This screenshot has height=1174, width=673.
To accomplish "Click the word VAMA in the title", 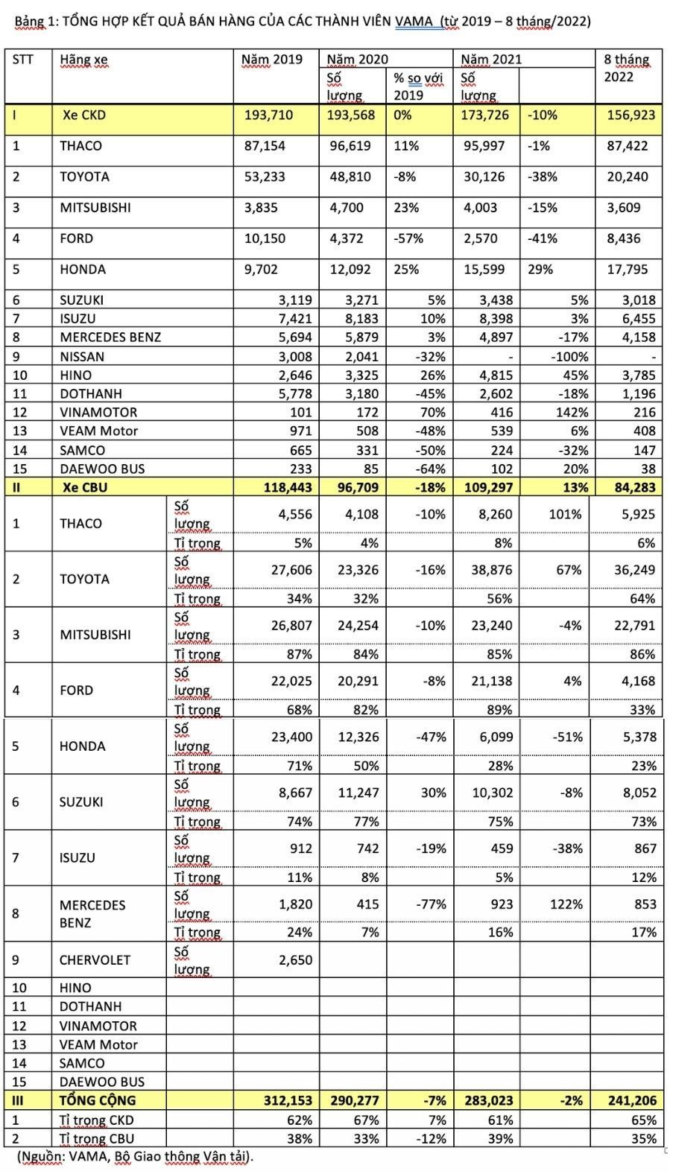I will (x=414, y=21).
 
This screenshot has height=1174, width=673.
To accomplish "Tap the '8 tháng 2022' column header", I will (x=627, y=68).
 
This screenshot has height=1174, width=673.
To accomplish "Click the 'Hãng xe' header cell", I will (x=83, y=60).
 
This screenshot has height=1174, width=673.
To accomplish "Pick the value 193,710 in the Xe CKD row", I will (x=268, y=115).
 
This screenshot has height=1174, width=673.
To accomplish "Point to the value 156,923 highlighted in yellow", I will (x=631, y=115).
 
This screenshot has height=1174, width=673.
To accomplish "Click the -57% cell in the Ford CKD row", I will (x=408, y=238).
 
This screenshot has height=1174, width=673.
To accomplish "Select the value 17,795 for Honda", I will (x=631, y=270).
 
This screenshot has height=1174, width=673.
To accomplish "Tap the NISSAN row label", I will (x=82, y=357).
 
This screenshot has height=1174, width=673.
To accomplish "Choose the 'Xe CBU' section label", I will (x=85, y=487).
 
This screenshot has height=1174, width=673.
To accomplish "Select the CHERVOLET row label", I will (x=95, y=960).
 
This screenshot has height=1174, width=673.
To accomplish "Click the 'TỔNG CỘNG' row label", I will (x=98, y=1100).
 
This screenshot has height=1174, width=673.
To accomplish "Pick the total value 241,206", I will (x=631, y=1100).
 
